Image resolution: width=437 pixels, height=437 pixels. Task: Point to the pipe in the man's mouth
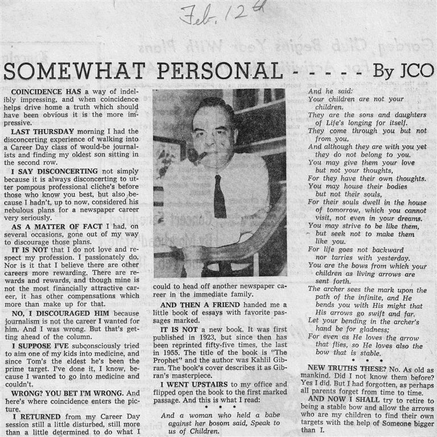pos(194,156)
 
